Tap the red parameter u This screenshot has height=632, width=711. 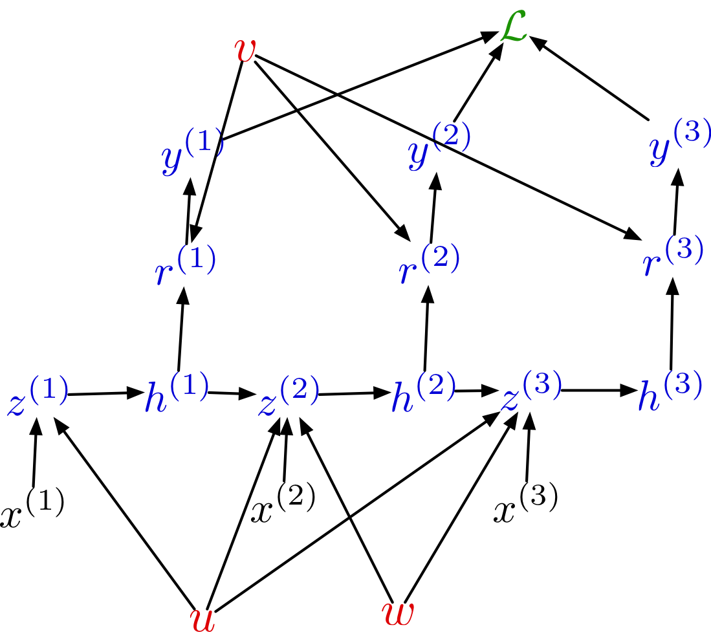202,616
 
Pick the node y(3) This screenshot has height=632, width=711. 679,146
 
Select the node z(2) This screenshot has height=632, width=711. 287,398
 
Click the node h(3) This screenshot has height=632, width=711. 669,391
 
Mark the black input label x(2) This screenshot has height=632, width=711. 282,505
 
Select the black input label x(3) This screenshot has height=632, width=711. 525,505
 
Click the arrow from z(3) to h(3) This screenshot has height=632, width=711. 598,391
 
